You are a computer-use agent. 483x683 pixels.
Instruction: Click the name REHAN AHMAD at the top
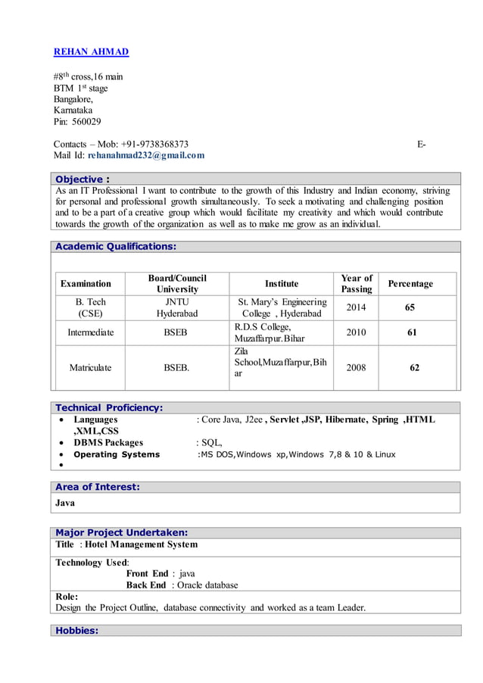(x=91, y=51)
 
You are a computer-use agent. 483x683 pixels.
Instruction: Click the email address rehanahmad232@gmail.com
(x=146, y=155)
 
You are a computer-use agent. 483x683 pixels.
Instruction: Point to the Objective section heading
(x=83, y=179)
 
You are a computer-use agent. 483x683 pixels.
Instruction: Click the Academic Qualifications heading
(x=116, y=246)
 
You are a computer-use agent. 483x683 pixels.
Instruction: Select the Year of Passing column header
(x=356, y=283)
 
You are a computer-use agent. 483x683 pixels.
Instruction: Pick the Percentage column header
(x=410, y=283)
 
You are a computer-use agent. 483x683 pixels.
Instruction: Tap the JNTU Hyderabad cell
(x=177, y=307)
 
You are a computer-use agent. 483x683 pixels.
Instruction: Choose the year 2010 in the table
(x=356, y=332)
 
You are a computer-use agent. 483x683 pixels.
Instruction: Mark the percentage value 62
(x=414, y=367)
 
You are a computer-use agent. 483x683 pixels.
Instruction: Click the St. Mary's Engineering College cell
(x=282, y=307)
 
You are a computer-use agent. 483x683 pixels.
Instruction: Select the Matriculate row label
(x=90, y=367)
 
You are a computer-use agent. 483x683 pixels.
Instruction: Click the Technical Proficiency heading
(x=109, y=407)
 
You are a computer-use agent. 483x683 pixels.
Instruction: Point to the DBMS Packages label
(x=108, y=442)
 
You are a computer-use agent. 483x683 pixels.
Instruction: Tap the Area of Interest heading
(x=98, y=487)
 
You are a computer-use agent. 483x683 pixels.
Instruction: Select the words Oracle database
(x=207, y=585)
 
